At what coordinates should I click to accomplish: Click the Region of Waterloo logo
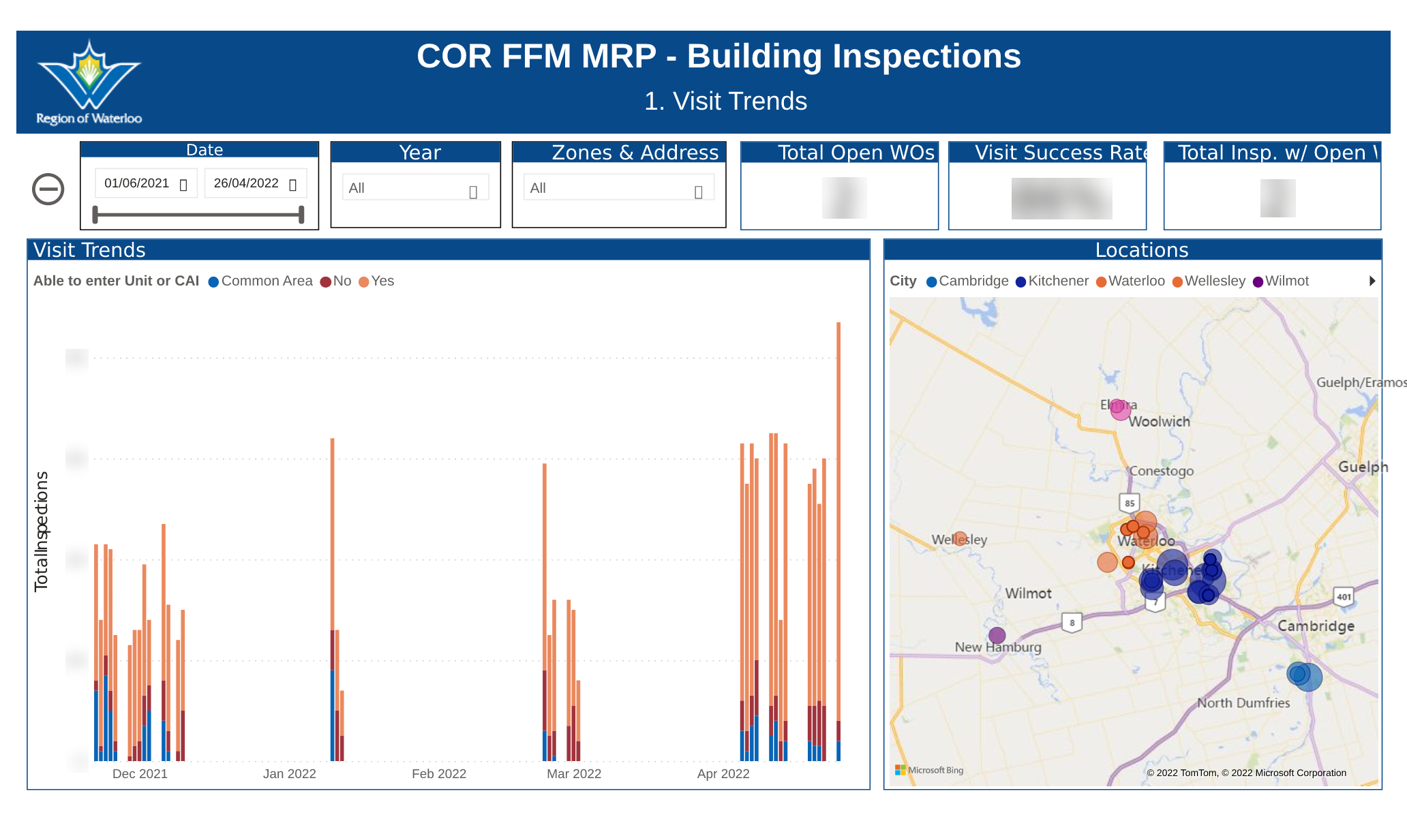pos(89,82)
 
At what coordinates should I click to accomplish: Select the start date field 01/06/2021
pos(145,183)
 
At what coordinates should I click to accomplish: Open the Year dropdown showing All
pos(414,189)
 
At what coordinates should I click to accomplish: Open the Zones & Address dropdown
pos(618,189)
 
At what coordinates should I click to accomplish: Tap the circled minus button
pos(48,189)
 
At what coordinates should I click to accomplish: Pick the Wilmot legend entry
pos(1281,281)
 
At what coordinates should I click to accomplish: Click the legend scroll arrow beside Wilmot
pos(1372,281)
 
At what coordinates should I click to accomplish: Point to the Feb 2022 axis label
pos(439,774)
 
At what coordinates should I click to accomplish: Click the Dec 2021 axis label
pos(140,774)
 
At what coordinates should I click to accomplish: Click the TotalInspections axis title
pos(42,531)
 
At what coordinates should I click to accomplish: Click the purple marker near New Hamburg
pos(997,636)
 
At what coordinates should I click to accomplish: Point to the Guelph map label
pos(1362,467)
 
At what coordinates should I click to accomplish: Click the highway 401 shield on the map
pos(1343,597)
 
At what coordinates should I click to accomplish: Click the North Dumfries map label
pos(1243,703)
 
